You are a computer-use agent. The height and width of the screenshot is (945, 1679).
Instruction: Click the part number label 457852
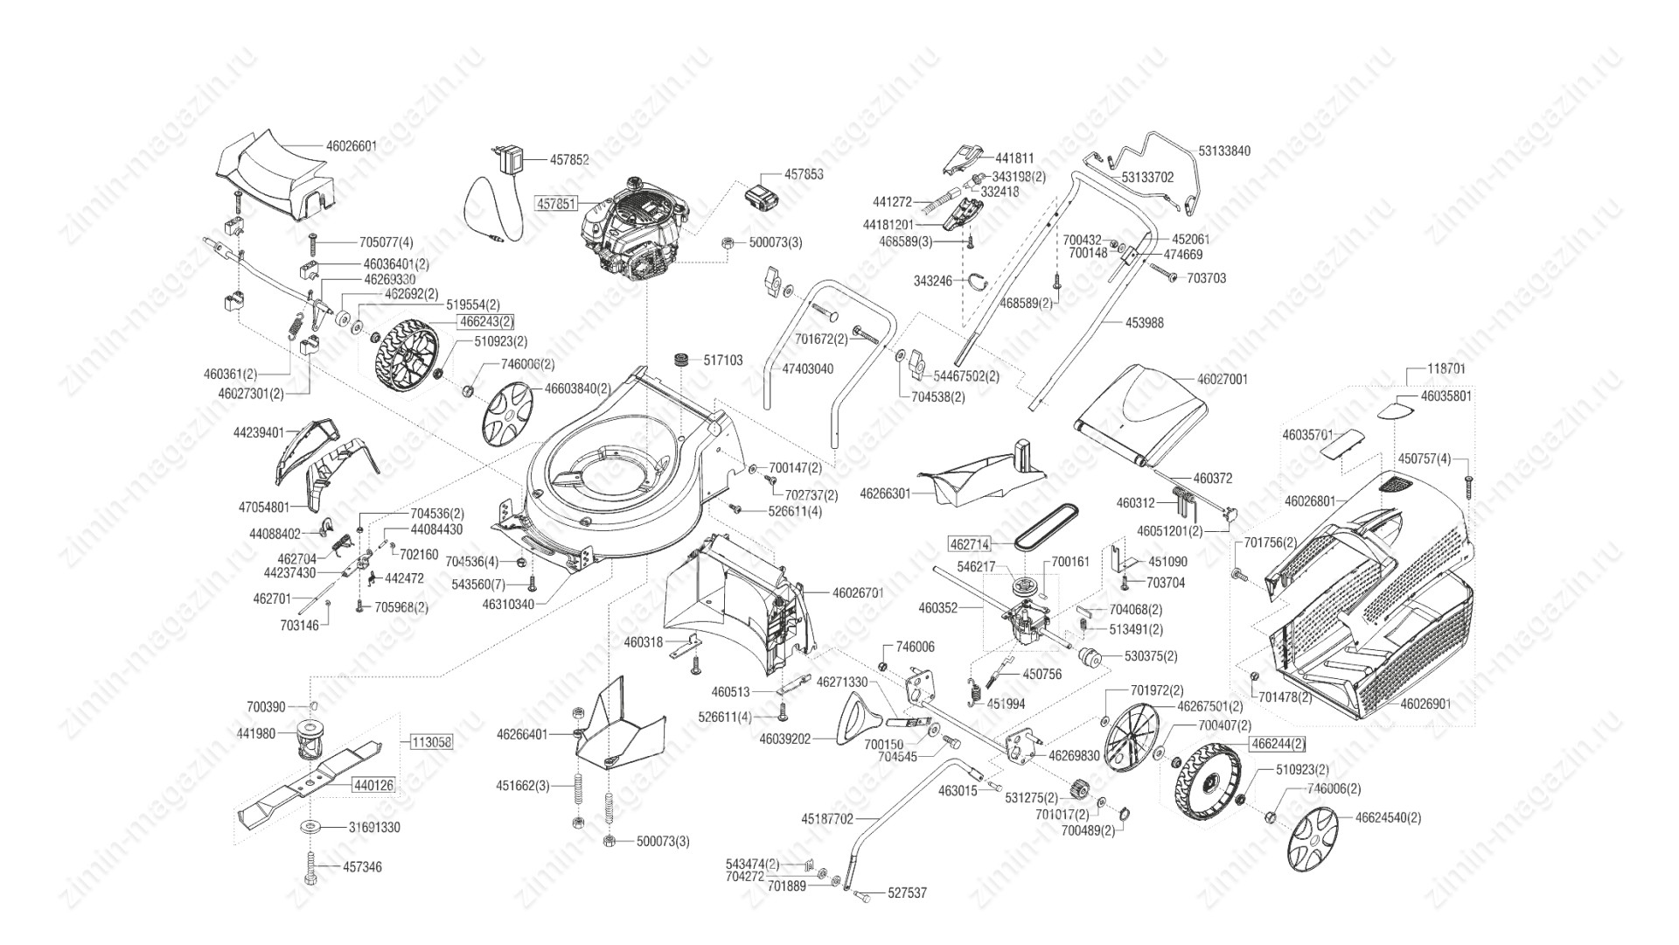pos(569,160)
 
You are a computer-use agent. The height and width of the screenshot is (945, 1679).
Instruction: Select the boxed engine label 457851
pos(555,203)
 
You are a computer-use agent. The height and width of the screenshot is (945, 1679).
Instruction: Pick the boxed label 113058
pos(431,742)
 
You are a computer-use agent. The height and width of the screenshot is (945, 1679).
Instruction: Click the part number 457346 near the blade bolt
pos(362,867)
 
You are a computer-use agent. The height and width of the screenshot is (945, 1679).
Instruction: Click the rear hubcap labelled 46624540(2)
pos(1313,837)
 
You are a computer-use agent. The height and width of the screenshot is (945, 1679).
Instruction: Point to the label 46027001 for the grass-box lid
pos(1223,380)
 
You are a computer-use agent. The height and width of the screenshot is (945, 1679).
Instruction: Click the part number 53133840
pos(1224,151)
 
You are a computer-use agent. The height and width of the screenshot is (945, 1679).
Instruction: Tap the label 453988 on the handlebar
pos(1144,323)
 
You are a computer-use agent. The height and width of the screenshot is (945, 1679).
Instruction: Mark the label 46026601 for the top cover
pos(351,146)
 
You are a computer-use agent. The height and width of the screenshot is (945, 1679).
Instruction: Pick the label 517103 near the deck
pos(722,360)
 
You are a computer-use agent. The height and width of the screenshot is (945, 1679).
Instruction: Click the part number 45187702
pos(827,820)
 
